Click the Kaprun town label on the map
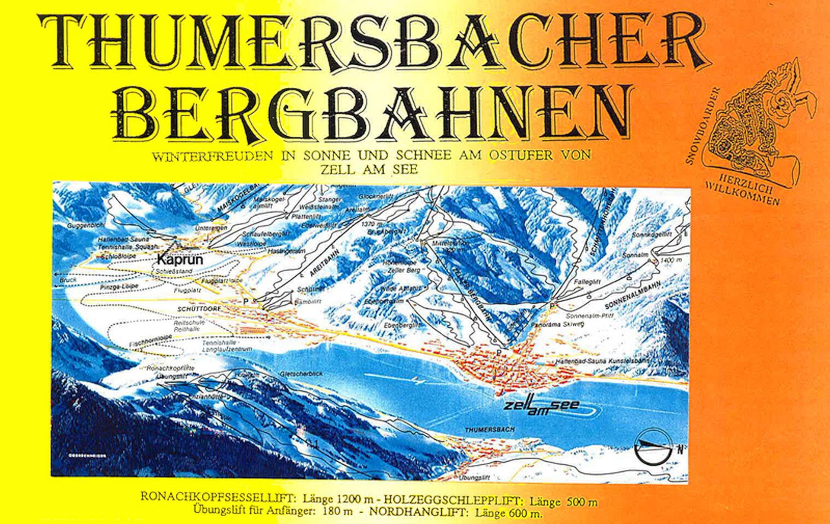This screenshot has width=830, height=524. click(x=180, y=260)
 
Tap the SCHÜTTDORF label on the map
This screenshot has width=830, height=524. click(x=199, y=309)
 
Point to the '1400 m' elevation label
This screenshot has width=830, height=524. click(x=671, y=260)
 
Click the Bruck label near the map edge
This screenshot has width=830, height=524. click(x=68, y=280)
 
